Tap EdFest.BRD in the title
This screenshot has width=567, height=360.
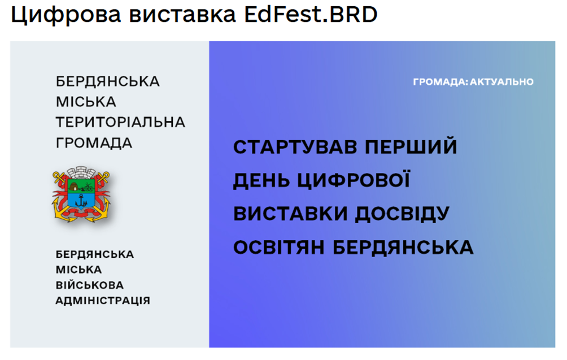pos(311,15)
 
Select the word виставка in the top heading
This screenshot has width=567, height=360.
pos(182,15)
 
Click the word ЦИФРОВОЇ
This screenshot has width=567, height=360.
pos(354,180)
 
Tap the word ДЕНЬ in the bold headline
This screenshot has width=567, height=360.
pos(261,180)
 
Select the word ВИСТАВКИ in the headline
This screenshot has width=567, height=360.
pos(290,214)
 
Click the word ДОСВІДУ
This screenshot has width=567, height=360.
pos(402,214)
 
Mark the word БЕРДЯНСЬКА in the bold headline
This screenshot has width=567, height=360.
pos(403,248)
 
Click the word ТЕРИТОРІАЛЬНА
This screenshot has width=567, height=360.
pos(120,122)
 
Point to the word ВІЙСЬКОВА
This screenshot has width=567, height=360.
pos(90,285)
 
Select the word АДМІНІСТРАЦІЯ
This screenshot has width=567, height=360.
pos(103,301)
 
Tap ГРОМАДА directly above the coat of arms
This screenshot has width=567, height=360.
pos(94,143)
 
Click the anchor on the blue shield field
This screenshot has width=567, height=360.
pos(81,200)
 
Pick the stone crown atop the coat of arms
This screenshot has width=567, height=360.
pos(81,171)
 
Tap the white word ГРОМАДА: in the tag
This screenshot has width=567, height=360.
pos(440,82)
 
